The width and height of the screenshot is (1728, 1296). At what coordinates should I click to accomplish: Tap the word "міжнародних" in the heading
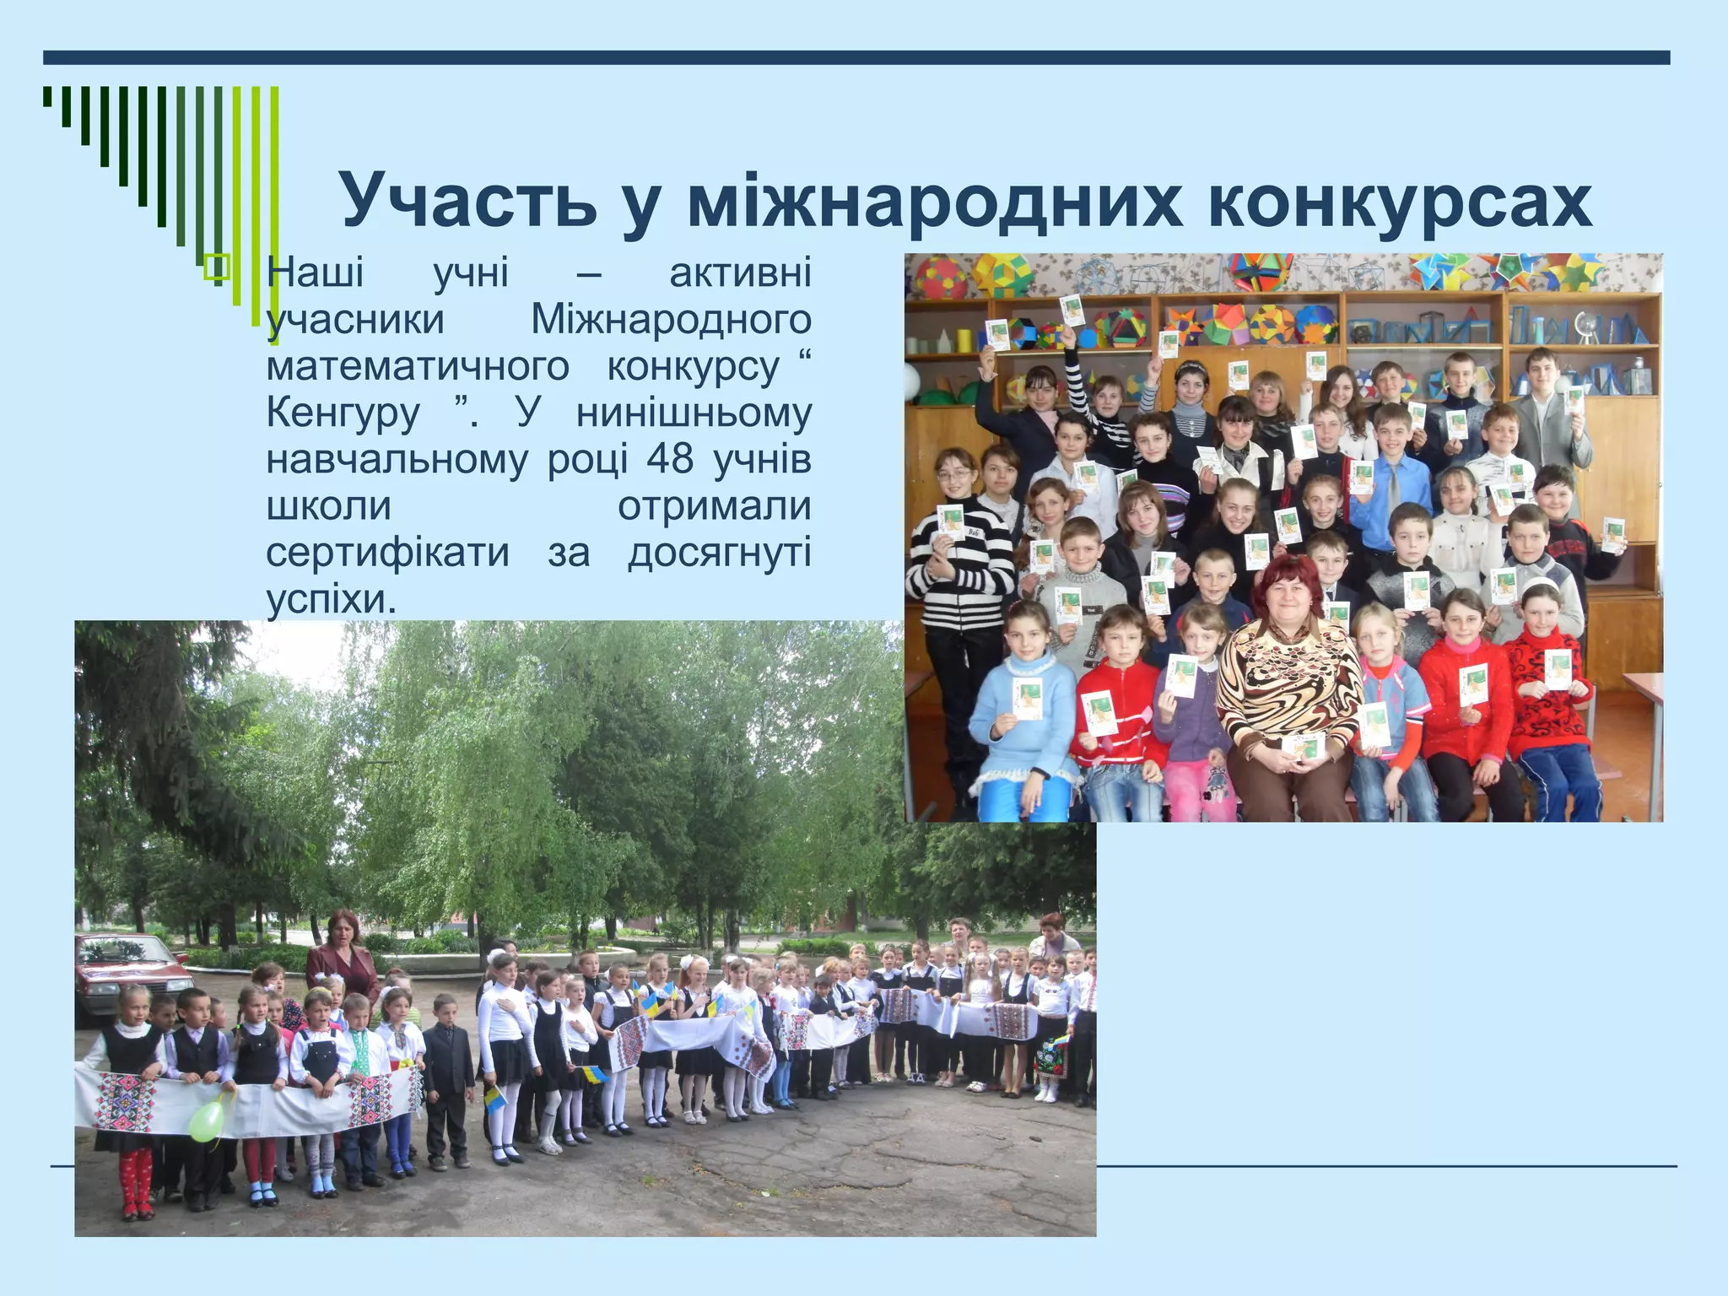tap(934, 201)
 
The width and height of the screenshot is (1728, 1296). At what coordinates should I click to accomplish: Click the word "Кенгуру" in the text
tap(343, 413)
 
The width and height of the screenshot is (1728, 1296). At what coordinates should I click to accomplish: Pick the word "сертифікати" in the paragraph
tap(387, 553)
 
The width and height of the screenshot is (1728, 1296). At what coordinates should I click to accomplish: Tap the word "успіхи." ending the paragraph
tap(331, 599)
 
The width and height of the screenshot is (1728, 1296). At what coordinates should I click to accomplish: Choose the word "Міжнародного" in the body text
tap(671, 320)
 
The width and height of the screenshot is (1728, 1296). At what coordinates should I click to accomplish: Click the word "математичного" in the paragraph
tap(418, 366)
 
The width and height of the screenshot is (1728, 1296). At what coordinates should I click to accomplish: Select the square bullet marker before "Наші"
tap(217, 267)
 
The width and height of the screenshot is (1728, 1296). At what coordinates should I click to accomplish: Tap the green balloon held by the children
tap(207, 1118)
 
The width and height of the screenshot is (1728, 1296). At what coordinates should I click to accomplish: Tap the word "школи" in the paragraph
tap(329, 506)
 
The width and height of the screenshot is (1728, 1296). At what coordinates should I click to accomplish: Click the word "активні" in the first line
tap(740, 273)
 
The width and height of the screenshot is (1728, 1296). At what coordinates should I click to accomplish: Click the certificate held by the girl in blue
tap(1027, 698)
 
